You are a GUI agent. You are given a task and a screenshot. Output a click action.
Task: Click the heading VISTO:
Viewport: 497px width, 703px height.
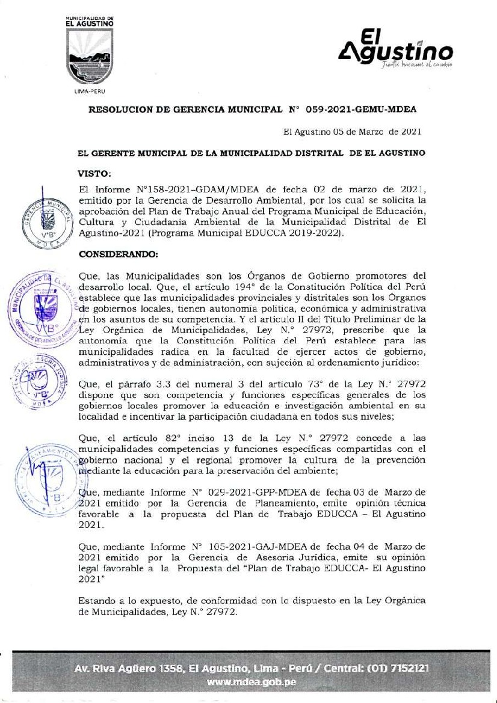95,174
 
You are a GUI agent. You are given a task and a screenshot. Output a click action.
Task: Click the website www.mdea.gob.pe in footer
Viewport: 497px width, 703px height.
251,683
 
